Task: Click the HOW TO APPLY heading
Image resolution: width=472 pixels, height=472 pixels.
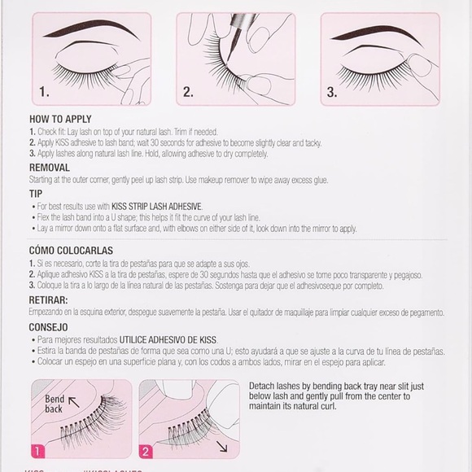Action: [58, 119]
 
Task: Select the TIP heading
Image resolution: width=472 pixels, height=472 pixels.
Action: [35, 194]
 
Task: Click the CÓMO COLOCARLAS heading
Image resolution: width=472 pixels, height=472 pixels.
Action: [71, 250]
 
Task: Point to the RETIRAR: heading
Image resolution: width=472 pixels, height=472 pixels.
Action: [48, 299]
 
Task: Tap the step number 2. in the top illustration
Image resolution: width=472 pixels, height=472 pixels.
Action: [188, 92]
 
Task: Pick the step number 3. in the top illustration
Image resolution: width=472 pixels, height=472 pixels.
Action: [332, 92]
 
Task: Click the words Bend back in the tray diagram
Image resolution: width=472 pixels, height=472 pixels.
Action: [55, 404]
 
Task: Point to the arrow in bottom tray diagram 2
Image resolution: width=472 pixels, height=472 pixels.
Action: [222, 446]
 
